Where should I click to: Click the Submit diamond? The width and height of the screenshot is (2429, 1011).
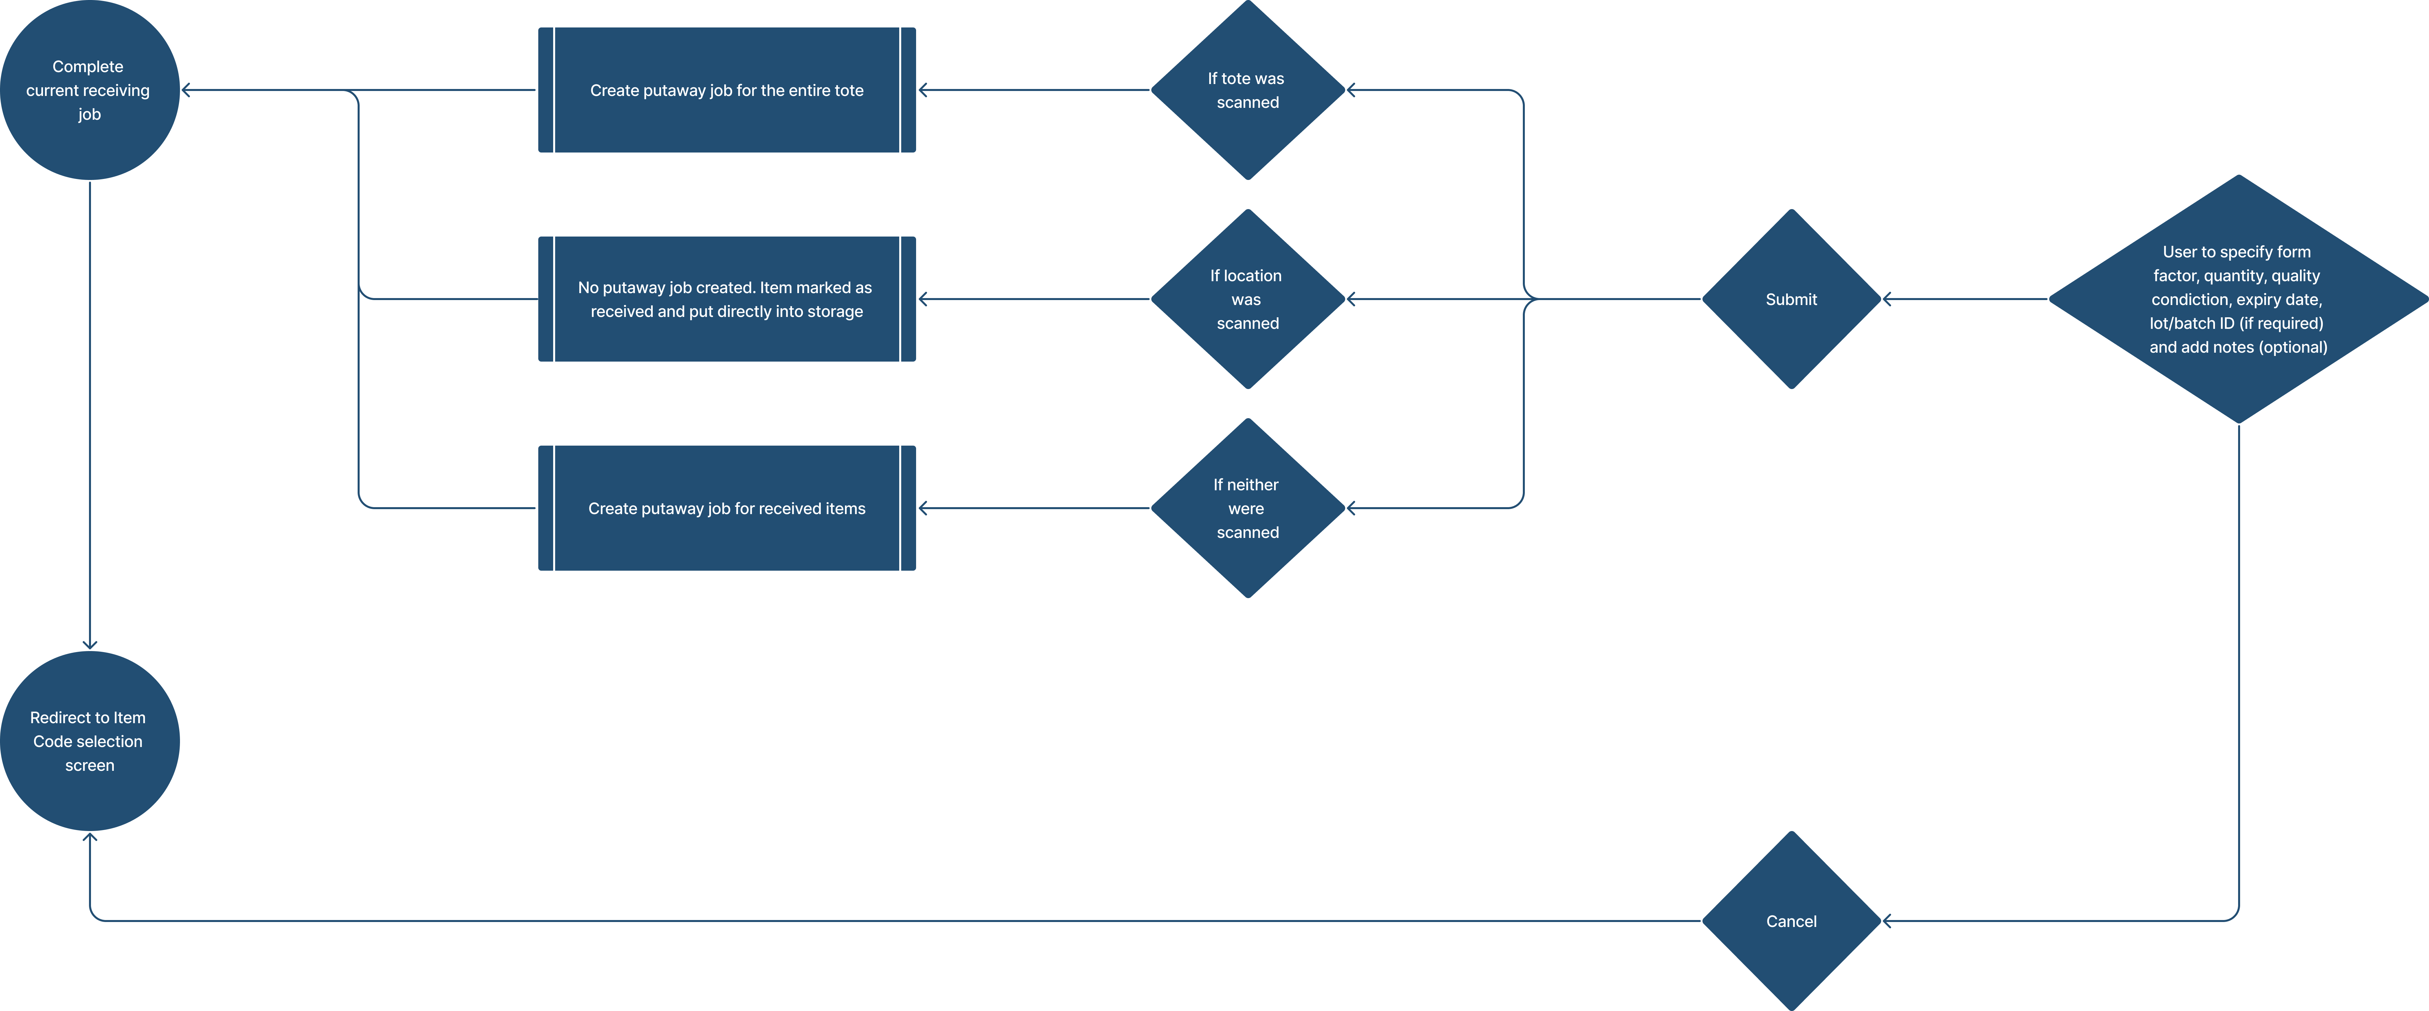[1790, 299]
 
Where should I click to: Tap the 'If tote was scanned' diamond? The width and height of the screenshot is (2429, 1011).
[1248, 91]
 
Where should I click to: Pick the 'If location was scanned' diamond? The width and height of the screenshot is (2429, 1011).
[1248, 299]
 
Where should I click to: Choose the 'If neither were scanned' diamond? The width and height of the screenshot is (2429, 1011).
[1248, 508]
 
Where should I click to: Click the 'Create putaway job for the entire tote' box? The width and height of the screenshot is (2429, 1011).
[726, 91]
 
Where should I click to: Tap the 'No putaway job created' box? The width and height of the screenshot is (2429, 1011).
[726, 299]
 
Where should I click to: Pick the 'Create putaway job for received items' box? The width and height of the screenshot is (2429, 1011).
[726, 508]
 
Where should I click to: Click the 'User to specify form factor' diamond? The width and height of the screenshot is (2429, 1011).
[2237, 299]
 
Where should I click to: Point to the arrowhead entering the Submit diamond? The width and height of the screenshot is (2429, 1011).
[1887, 299]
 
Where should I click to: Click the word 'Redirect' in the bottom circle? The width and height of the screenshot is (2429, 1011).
[60, 718]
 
